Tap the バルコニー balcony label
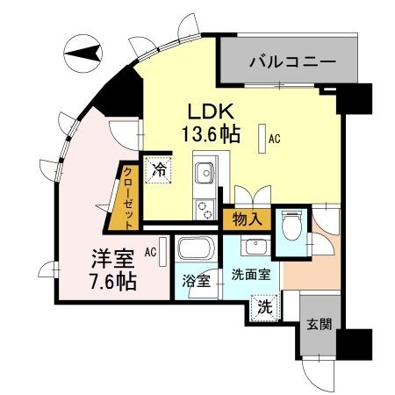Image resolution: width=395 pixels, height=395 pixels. click(291, 62)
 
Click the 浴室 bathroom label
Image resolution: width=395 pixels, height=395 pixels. click(196, 283)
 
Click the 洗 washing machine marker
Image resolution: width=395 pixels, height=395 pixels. click(263, 307)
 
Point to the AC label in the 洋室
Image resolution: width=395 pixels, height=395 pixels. click(150, 251)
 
